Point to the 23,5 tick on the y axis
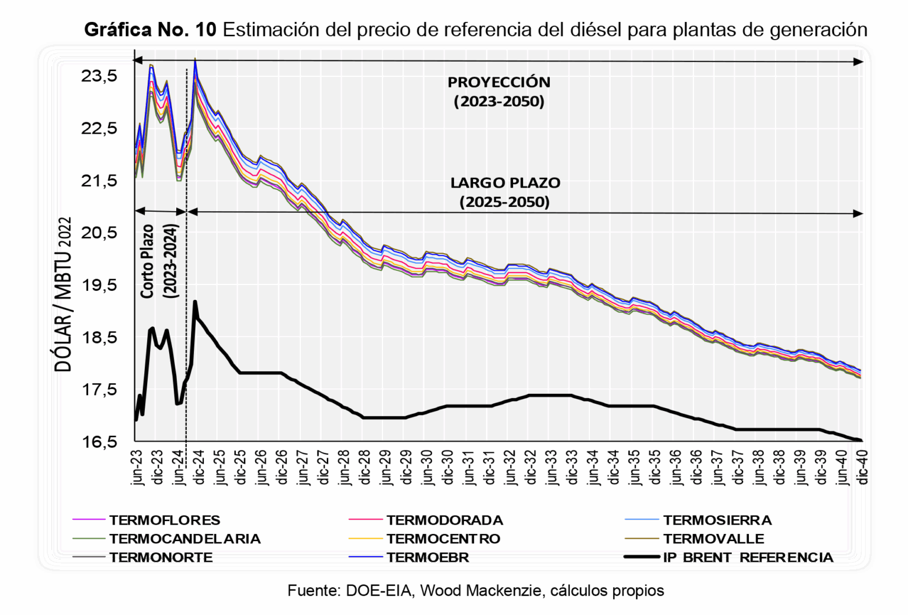coord(99,76)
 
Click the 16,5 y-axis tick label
coord(99,442)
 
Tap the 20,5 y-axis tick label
coord(99,232)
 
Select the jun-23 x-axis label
coord(138,467)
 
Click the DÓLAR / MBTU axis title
coord(63,294)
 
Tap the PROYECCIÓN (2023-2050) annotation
coord(499,92)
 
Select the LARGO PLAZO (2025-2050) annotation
coord(505,192)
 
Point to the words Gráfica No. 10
coord(150,30)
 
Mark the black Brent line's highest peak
coord(195,302)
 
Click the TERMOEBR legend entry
coord(427,557)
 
